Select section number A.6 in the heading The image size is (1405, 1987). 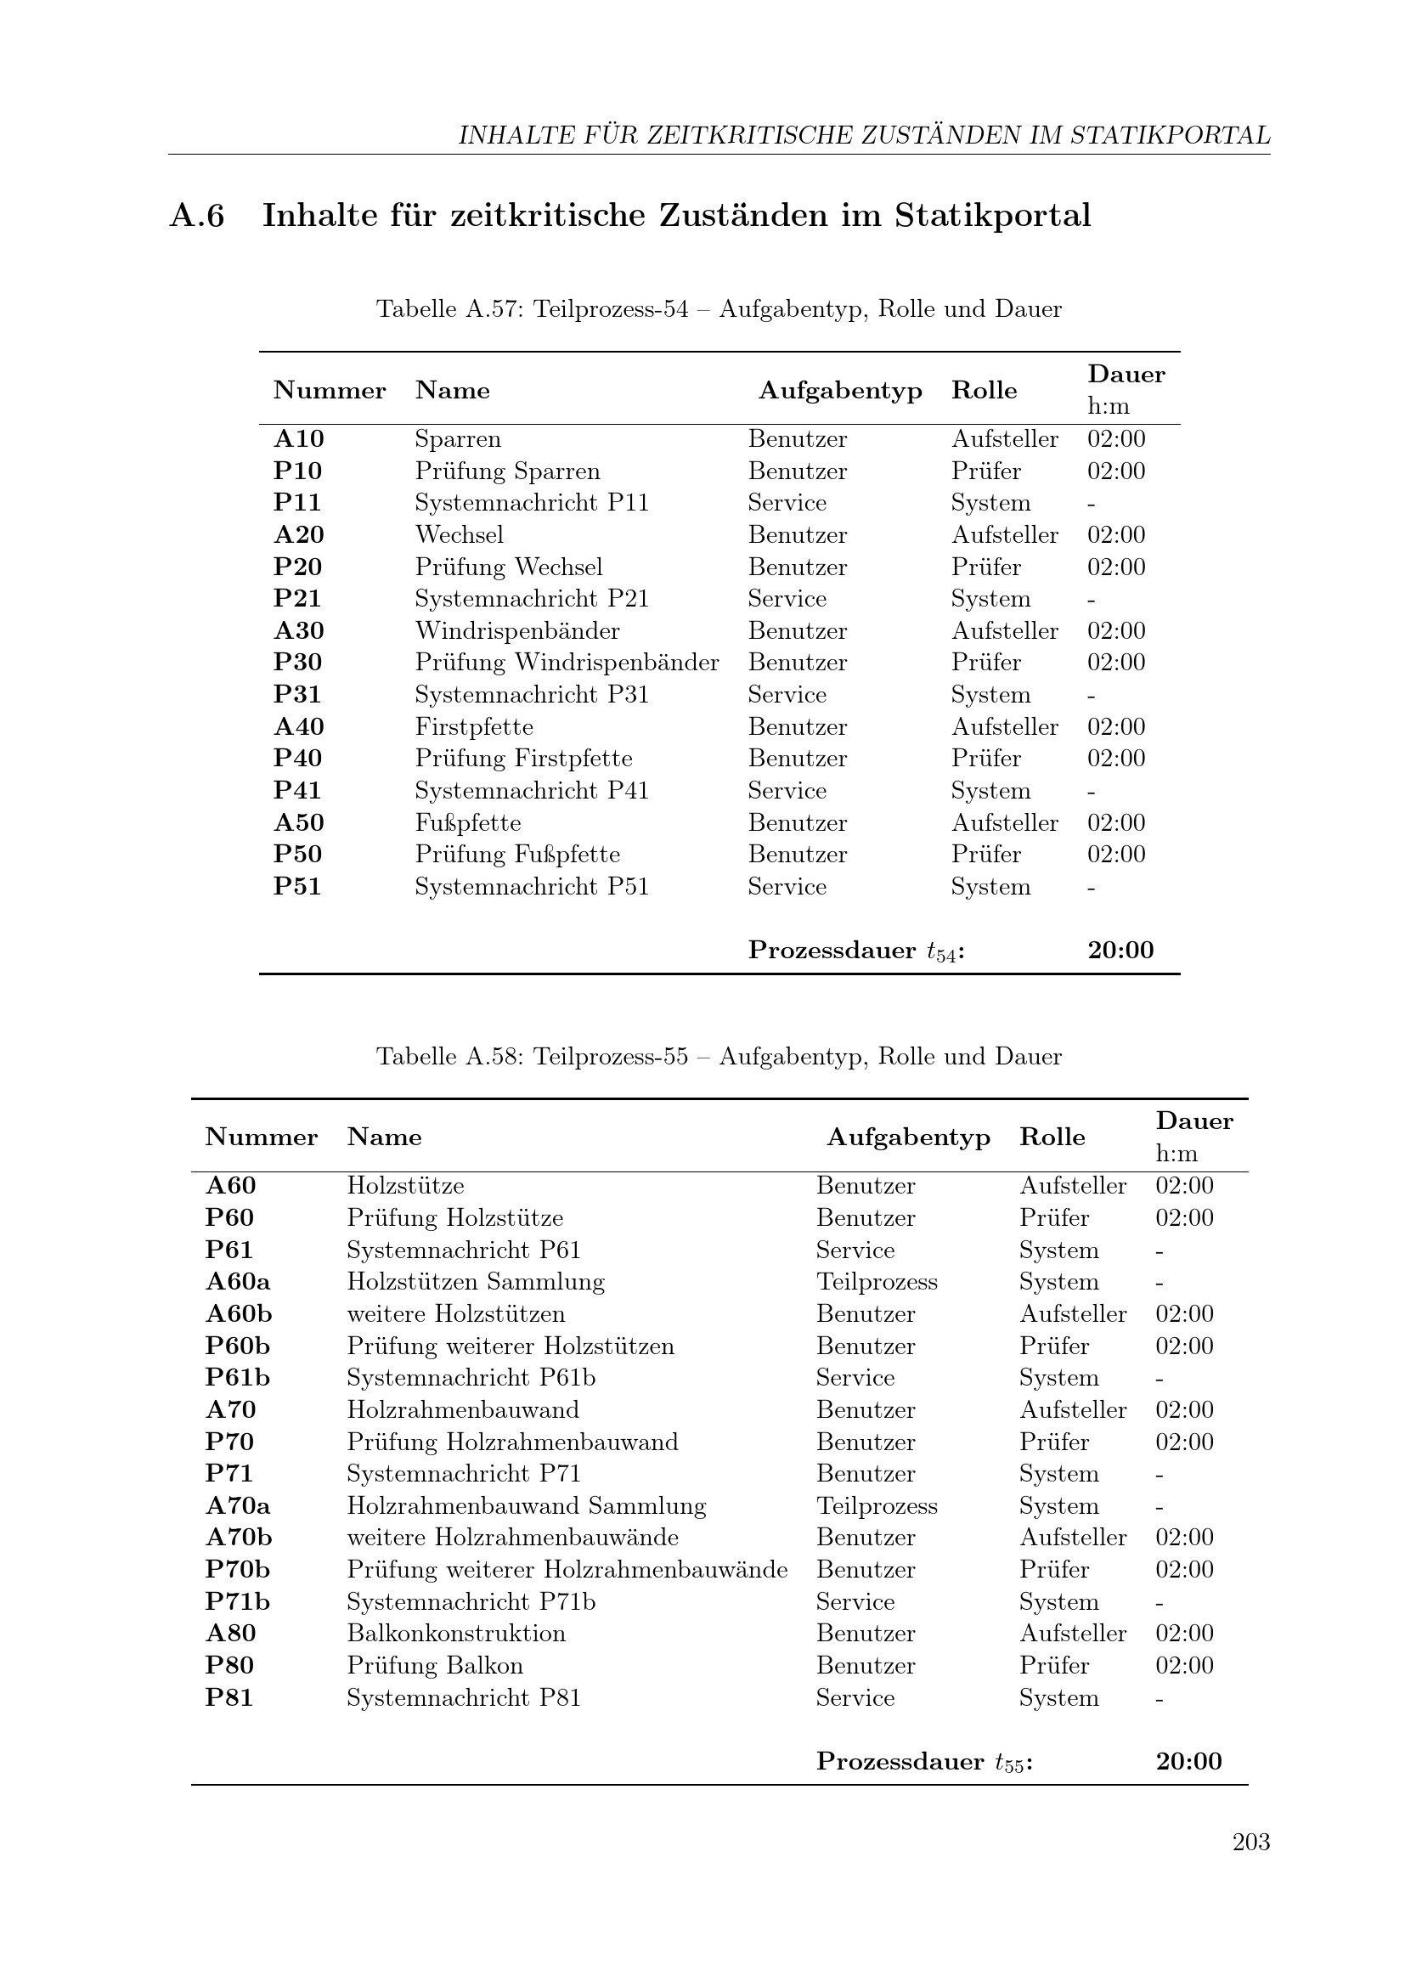[197, 216]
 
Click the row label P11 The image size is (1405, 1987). [296, 503]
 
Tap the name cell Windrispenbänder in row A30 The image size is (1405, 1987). [517, 631]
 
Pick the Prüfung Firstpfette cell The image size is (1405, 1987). [523, 759]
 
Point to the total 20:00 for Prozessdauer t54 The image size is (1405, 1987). [1120, 951]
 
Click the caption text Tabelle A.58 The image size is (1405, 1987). [450, 1057]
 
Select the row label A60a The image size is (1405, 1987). [238, 1282]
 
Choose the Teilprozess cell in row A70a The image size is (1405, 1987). [877, 1506]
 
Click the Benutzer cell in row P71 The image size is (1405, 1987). [865, 1474]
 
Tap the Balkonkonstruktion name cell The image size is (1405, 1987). [456, 1633]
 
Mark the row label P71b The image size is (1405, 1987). [238, 1602]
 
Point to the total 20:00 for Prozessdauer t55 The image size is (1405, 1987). [1188, 1761]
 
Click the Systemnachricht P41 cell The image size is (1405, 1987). [531, 791]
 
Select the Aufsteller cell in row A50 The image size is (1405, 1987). [1004, 823]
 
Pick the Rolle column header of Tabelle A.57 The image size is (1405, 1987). [984, 390]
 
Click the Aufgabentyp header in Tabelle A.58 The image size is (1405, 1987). [908, 1137]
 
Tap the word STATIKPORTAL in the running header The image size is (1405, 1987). [1170, 136]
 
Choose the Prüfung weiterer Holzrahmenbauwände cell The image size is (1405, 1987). [567, 1570]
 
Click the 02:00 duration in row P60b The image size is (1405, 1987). [1184, 1346]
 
